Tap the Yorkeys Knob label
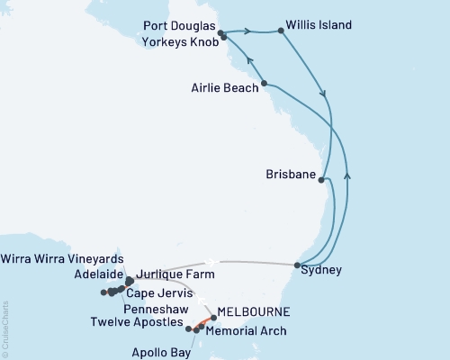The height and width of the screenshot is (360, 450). pos(178,40)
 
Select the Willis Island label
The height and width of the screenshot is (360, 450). pos(319,25)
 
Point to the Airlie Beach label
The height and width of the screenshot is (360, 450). pos(224,88)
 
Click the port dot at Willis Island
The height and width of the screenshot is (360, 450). pos(282,31)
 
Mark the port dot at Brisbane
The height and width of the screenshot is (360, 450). pos(321,180)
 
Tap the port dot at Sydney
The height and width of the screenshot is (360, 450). pos(298,265)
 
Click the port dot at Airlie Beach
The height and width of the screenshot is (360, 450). pos(264,85)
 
